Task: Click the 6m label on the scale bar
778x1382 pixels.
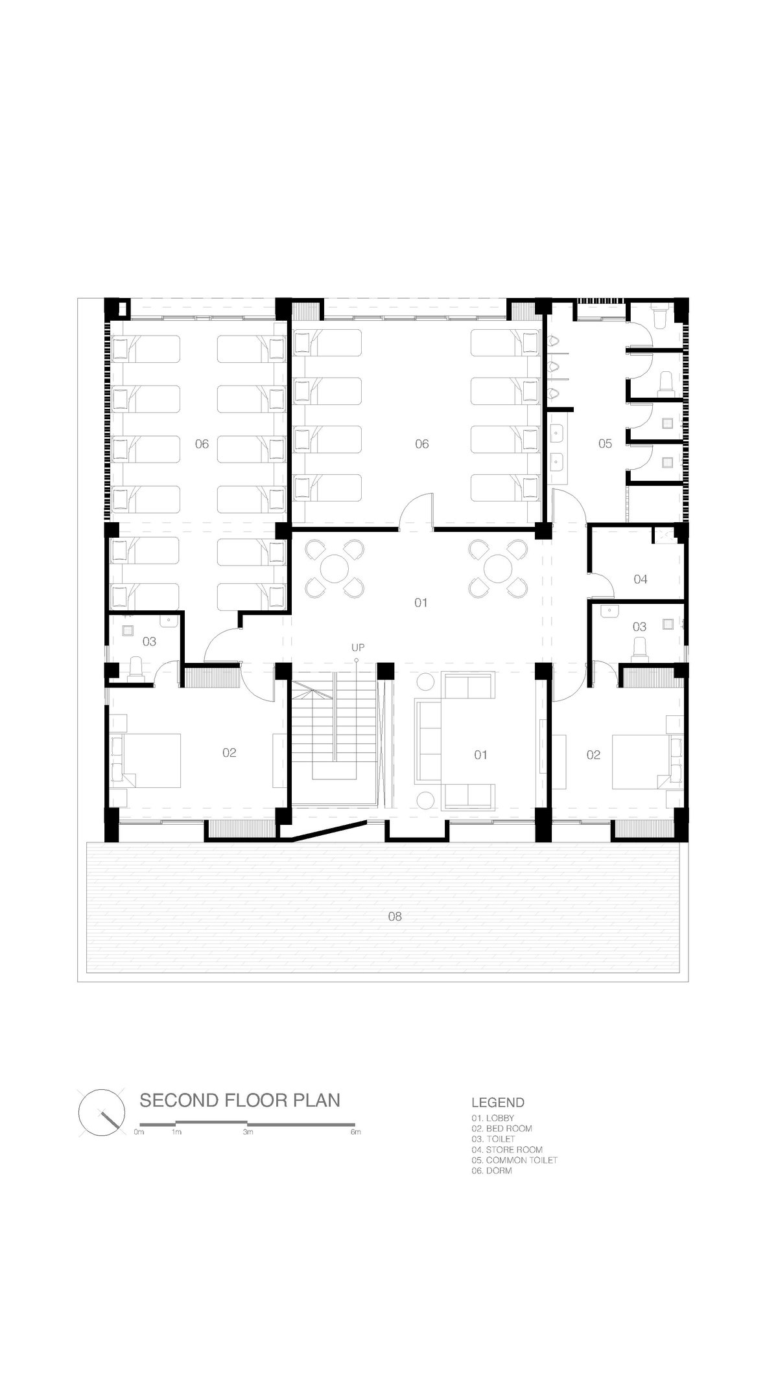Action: point(355,1133)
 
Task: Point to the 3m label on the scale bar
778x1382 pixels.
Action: point(248,1133)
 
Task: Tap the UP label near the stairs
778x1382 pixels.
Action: point(357,647)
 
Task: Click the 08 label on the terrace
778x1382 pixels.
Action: point(395,916)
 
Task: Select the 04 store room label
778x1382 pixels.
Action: point(641,579)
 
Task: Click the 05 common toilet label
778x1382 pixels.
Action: point(605,444)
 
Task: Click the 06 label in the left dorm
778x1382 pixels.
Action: point(202,444)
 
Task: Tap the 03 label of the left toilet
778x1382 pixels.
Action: point(149,641)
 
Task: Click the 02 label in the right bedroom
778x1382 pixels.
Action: point(593,755)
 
